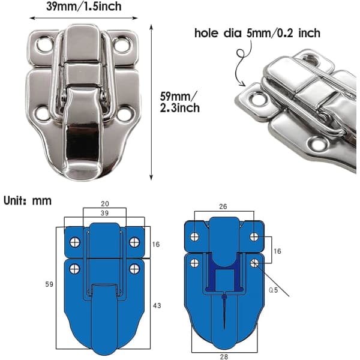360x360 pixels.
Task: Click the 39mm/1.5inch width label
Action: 84,6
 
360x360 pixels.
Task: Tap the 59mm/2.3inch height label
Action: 179,102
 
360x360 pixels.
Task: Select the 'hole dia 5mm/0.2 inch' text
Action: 257,33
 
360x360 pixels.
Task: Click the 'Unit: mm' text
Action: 28,200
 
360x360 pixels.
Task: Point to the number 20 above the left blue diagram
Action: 105,203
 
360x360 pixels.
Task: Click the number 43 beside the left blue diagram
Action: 157,305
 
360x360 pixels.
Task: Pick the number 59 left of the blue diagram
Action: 49,284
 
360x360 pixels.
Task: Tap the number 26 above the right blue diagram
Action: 223,206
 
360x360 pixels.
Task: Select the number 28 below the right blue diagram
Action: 224,356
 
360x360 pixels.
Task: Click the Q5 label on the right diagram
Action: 273,290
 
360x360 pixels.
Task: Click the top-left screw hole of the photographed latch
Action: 43,44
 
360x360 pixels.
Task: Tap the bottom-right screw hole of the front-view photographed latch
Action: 125,113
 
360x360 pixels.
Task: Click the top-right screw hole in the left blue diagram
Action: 134,242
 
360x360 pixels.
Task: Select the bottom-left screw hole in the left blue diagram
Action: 74,269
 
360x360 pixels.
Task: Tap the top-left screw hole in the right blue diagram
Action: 194,237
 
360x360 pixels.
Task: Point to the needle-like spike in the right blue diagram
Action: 224,310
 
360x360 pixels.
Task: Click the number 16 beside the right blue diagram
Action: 277,251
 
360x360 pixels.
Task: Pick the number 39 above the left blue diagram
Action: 104,213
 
